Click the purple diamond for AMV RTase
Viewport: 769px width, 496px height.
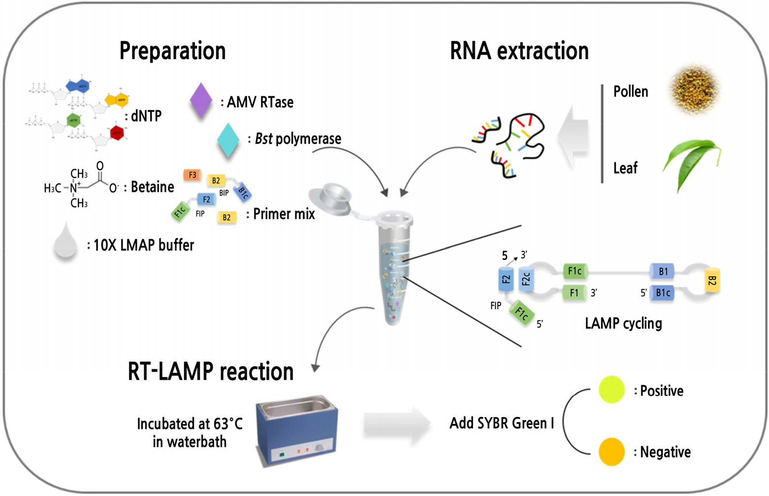(201, 100)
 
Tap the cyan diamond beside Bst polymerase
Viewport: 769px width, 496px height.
(228, 140)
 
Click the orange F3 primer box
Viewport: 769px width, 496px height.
(192, 175)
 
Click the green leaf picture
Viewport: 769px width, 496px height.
(692, 163)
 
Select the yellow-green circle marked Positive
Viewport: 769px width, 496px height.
(611, 390)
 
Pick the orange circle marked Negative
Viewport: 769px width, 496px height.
(611, 452)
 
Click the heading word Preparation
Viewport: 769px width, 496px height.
(172, 51)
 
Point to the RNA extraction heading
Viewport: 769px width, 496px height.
(519, 51)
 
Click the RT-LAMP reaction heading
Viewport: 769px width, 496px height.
(210, 371)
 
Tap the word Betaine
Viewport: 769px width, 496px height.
(152, 187)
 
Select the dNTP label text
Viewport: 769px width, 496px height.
(146, 116)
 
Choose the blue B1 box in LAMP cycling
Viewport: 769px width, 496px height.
(663, 271)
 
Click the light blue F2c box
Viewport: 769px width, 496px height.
(526, 280)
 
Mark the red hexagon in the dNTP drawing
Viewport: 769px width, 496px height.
(117, 133)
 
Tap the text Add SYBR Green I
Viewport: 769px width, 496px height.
(501, 423)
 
